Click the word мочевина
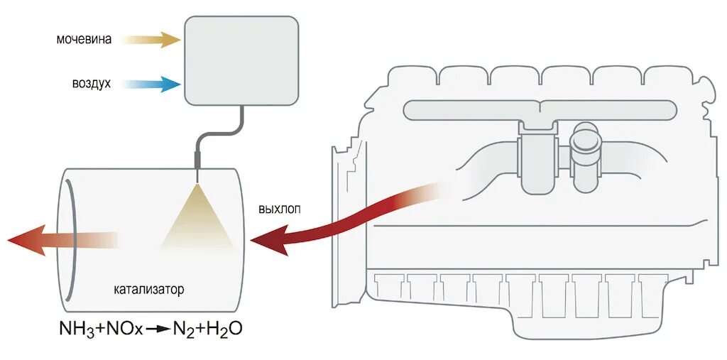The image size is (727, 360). tap(84, 40)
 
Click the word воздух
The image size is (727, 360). tap(91, 84)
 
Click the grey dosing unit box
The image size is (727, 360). tap(241, 60)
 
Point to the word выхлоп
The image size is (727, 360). tap(280, 209)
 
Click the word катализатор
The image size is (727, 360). tap(148, 290)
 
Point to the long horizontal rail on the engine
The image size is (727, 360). tap(540, 110)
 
